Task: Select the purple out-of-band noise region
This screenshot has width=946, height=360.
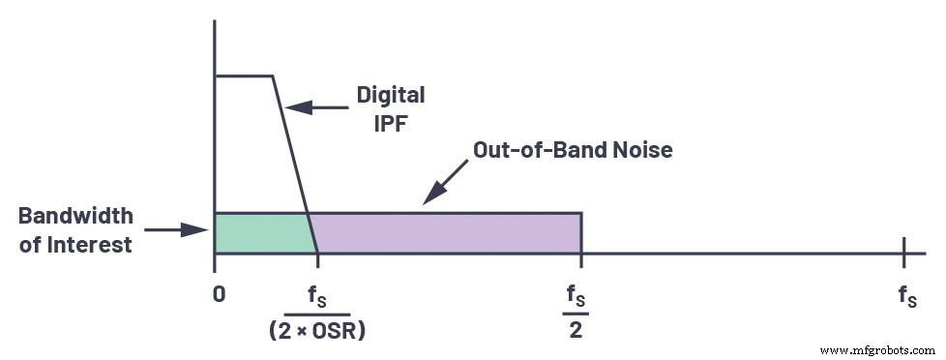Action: click(445, 232)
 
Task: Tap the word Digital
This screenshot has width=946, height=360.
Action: click(391, 96)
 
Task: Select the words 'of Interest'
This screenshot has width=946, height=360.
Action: click(75, 245)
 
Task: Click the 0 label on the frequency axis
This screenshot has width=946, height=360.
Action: click(220, 292)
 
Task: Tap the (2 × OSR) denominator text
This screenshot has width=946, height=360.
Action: click(317, 329)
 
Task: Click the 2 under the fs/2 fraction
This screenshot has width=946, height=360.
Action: click(580, 329)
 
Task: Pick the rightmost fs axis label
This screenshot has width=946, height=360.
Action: click(906, 296)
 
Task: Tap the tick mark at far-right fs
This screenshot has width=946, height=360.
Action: click(903, 254)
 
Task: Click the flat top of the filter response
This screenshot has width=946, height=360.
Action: click(244, 75)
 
